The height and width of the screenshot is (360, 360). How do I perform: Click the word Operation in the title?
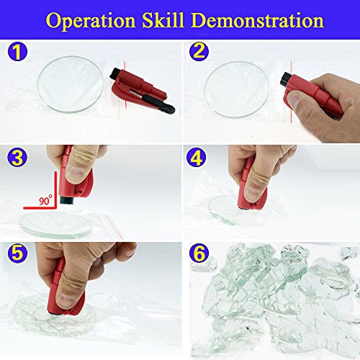[x=91, y=22]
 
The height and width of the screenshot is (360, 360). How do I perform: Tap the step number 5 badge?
[x=17, y=253]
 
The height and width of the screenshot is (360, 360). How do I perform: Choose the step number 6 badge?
[x=199, y=253]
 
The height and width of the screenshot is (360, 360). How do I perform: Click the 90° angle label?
[x=45, y=199]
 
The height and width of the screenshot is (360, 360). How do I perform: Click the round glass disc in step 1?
[x=71, y=84]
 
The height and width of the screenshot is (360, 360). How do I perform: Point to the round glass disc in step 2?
[x=237, y=89]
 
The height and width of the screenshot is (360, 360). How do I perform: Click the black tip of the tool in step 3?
[x=66, y=200]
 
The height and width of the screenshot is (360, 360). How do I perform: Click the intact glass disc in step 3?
[x=56, y=225]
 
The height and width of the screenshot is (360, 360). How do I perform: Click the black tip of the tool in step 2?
[x=286, y=79]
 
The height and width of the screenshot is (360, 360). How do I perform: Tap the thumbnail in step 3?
[x=76, y=172]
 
